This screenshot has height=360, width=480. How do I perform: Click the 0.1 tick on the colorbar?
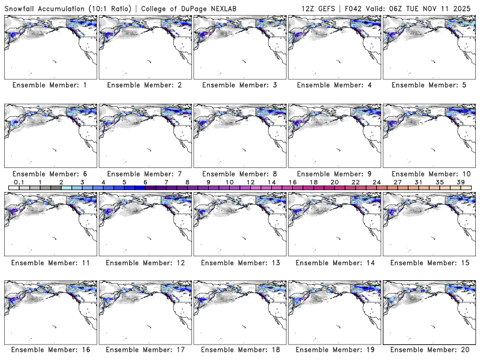[19, 182]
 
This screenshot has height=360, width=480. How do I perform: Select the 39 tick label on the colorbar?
[461, 182]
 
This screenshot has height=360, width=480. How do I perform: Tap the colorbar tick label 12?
[250, 182]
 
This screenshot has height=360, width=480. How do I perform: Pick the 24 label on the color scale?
[376, 182]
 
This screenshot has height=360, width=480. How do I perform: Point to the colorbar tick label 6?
[145, 182]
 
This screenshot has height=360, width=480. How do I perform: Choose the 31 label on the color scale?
[418, 182]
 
